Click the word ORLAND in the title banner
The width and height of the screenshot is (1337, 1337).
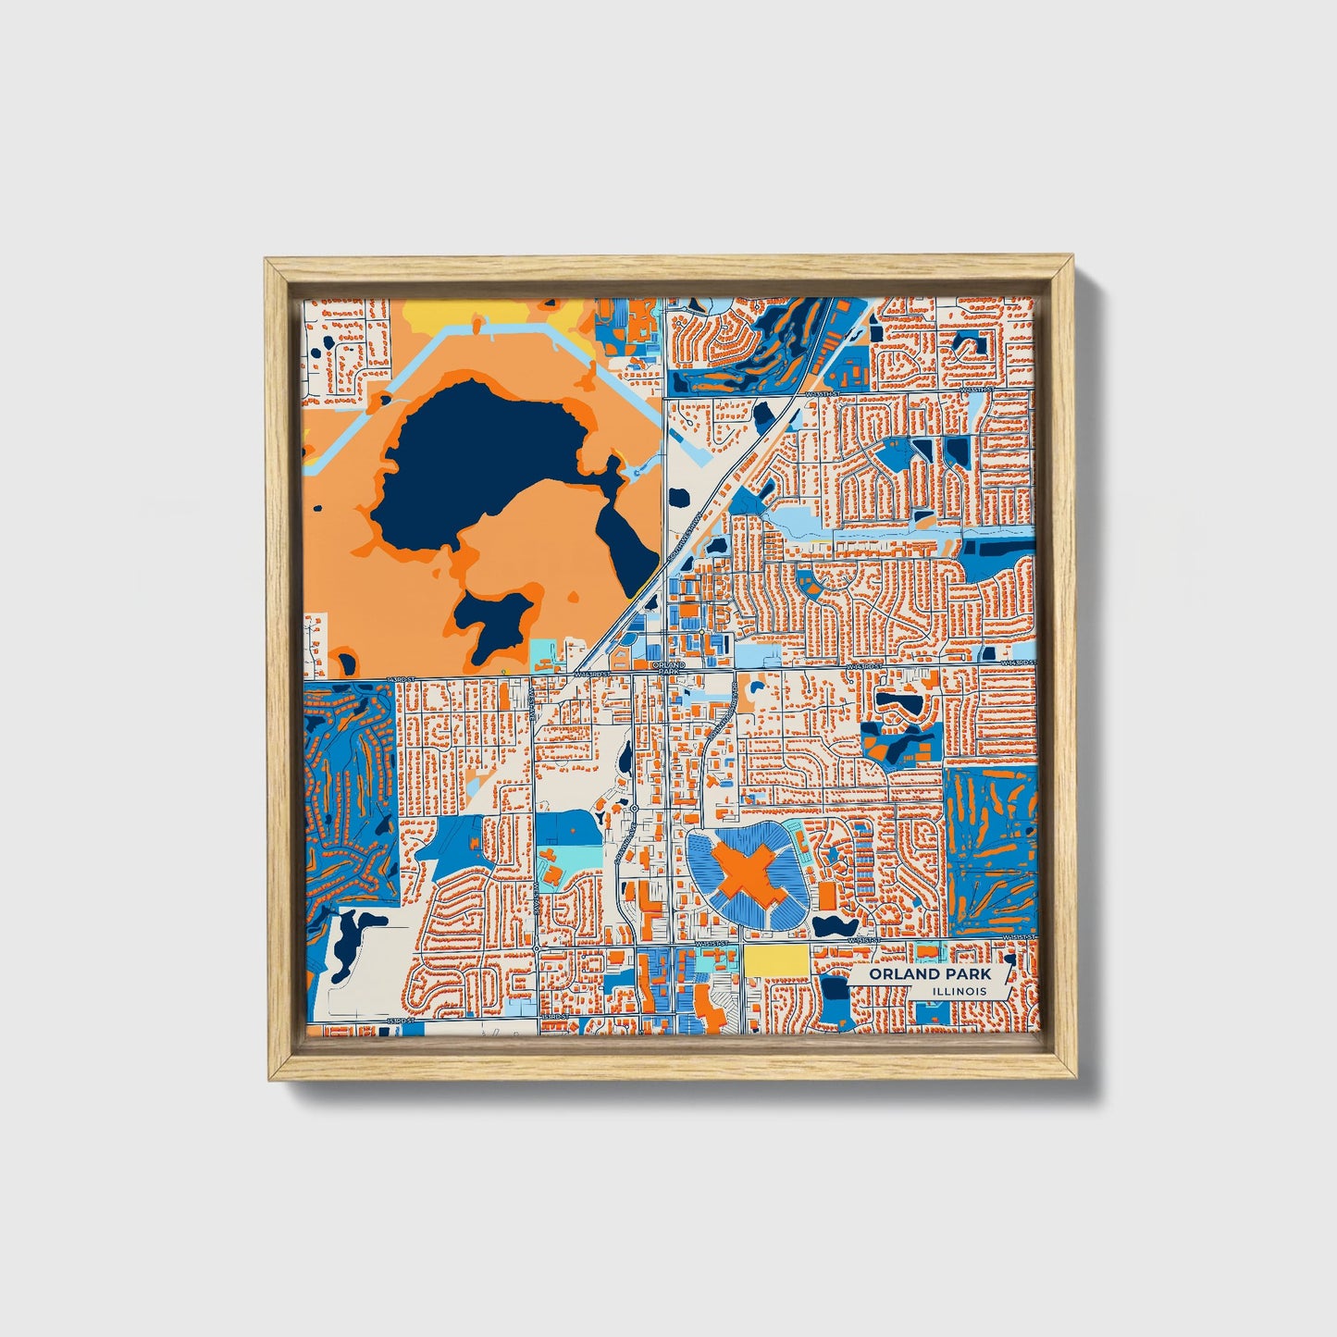click(900, 974)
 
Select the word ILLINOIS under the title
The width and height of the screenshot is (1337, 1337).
click(959, 991)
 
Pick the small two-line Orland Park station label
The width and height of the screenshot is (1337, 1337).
click(668, 667)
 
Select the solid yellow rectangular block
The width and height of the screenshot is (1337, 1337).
click(774, 959)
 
